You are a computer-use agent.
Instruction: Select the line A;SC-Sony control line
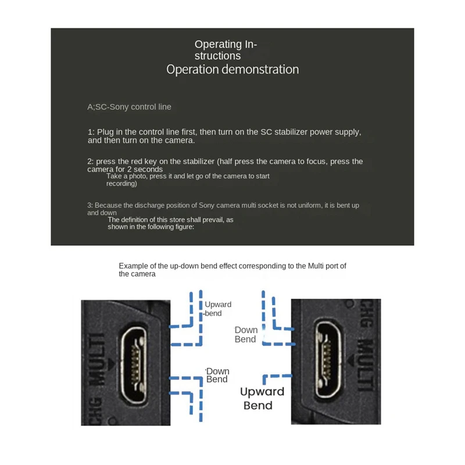(x=129, y=107)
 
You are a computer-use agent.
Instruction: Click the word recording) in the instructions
(x=121, y=184)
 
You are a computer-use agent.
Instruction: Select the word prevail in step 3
(x=210, y=220)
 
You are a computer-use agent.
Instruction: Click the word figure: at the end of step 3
(x=181, y=227)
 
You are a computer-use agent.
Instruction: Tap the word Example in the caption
(x=133, y=266)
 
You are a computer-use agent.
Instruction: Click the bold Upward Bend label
(x=262, y=398)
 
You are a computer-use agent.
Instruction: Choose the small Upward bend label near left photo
(x=217, y=309)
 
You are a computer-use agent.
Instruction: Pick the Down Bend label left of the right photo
(x=246, y=334)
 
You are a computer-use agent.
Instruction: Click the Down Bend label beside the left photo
(x=218, y=375)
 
